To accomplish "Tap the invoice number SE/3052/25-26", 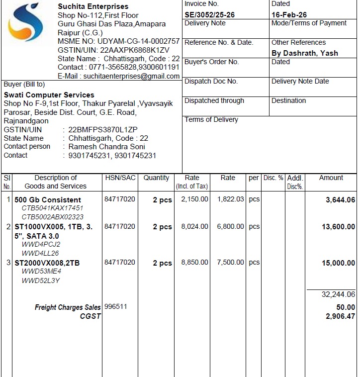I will pyautogui.click(x=209, y=15).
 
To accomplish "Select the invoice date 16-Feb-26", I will pyautogui.click(x=289, y=15).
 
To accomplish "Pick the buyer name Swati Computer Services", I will pyautogui.click(x=49, y=95).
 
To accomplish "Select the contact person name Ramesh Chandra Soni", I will pyautogui.click(x=106, y=147).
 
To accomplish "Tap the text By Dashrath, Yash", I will pyautogui.click(x=304, y=53).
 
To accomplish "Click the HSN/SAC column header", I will pyautogui.click(x=120, y=178).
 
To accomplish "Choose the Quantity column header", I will pyautogui.click(x=156, y=178).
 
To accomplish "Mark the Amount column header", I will pyautogui.click(x=331, y=178).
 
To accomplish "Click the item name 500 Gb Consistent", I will pyautogui.click(x=48, y=200).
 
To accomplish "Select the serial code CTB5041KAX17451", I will pyautogui.click(x=52, y=208).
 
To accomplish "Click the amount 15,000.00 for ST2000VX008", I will pyautogui.click(x=338, y=263).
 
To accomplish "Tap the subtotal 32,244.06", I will pyautogui.click(x=338, y=294).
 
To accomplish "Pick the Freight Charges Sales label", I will pyautogui.click(x=68, y=307).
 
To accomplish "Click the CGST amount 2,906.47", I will pyautogui.click(x=340, y=316).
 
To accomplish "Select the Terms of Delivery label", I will pyautogui.click(x=211, y=120).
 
